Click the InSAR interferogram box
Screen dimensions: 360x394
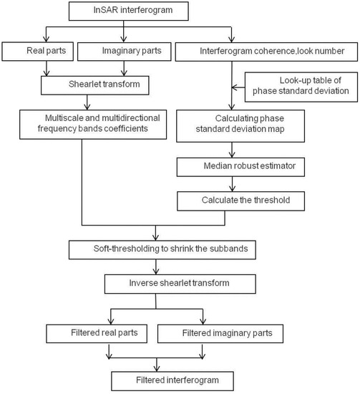click(129, 11)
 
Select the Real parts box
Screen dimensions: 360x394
click(38, 52)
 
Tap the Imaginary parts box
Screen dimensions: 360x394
click(125, 52)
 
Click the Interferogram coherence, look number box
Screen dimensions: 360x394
click(266, 52)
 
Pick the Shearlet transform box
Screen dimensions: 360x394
click(95, 85)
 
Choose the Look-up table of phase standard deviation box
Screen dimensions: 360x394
click(301, 87)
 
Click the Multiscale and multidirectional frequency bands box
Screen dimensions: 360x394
click(93, 125)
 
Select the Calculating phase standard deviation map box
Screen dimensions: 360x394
click(240, 126)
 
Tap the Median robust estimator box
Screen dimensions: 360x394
click(240, 167)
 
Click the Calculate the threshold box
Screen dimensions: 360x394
click(241, 201)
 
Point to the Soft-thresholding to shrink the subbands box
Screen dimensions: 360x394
click(162, 250)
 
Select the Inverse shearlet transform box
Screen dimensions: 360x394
click(180, 284)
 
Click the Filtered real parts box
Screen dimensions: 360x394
click(97, 334)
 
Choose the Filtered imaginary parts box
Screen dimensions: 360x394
click(220, 334)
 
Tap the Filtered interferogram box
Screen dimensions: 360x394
click(172, 381)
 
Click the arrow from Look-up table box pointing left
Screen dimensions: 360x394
click(238, 87)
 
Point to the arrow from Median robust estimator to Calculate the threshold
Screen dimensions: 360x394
click(232, 184)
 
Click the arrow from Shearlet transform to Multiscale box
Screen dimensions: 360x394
click(87, 102)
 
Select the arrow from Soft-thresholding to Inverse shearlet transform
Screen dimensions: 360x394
click(156, 267)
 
